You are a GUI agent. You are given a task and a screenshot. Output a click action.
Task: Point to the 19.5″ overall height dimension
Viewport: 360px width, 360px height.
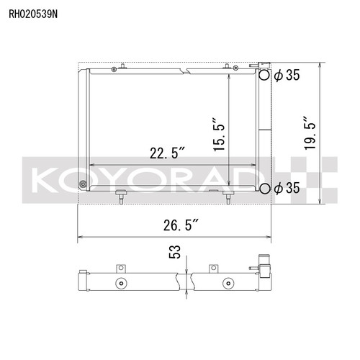click(310, 134)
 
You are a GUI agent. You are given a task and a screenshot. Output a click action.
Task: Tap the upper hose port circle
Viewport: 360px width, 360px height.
click(265, 75)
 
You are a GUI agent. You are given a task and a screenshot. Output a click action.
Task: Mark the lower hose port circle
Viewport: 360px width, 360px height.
click(265, 189)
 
